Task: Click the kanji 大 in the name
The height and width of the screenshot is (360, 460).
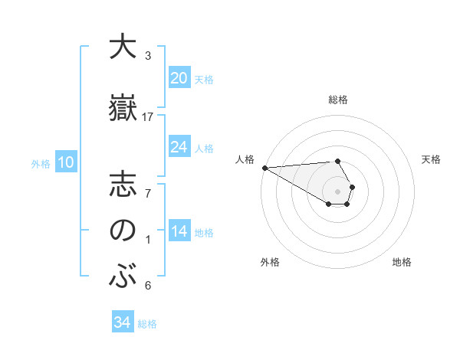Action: coord(122,47)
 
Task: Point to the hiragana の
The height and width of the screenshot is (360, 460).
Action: coord(122,231)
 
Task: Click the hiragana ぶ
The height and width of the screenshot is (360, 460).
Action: coord(122,276)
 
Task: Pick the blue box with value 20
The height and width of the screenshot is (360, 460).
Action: coord(179,77)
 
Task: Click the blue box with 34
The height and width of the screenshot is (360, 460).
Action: coord(123,322)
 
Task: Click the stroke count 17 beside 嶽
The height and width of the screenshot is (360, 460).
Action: coord(148,117)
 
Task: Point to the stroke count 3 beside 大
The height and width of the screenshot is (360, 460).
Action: coord(148,56)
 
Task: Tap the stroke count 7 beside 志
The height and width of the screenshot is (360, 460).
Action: coord(148,195)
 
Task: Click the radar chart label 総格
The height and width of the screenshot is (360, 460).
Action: coord(337,100)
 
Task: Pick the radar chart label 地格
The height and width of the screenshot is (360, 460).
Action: coord(402,262)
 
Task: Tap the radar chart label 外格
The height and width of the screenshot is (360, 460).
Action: coord(269,262)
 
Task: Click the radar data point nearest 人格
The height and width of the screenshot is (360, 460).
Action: coord(264,168)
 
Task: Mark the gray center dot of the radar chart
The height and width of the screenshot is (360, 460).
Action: coord(337,191)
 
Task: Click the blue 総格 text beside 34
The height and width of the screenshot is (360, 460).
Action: coord(147,324)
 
